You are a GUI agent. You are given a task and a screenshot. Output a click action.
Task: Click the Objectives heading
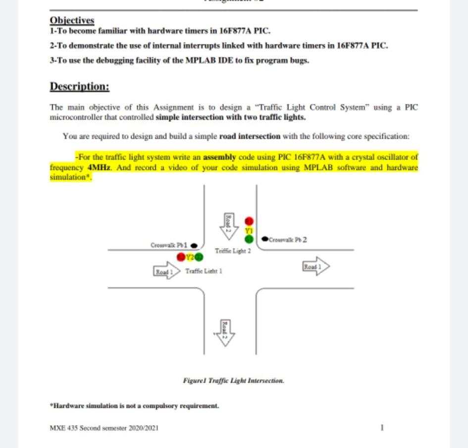pos(72,21)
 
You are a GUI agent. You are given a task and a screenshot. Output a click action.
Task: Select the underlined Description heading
pos(79,86)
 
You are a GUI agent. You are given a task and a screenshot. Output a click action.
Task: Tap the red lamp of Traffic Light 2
pos(249,220)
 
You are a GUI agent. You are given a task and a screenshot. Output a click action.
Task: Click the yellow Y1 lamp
pos(249,230)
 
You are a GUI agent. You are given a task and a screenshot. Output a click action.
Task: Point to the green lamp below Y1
pos(249,239)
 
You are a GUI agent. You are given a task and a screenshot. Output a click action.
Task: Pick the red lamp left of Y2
pos(181,257)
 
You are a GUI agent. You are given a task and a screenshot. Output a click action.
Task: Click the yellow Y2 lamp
pos(190,257)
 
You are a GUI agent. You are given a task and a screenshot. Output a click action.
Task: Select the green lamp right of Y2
pos(199,257)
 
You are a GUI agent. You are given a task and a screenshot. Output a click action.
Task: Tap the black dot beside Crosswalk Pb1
pos(194,245)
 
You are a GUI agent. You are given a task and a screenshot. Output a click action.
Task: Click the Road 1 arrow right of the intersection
pos(315,266)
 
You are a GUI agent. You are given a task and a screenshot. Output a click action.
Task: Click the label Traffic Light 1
pos(204,271)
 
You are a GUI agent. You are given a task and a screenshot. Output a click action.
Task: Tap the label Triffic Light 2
pos(233,251)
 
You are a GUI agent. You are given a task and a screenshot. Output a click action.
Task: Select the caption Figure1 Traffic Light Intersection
pos(233,381)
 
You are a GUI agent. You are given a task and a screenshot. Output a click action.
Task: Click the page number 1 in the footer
pos(382,427)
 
